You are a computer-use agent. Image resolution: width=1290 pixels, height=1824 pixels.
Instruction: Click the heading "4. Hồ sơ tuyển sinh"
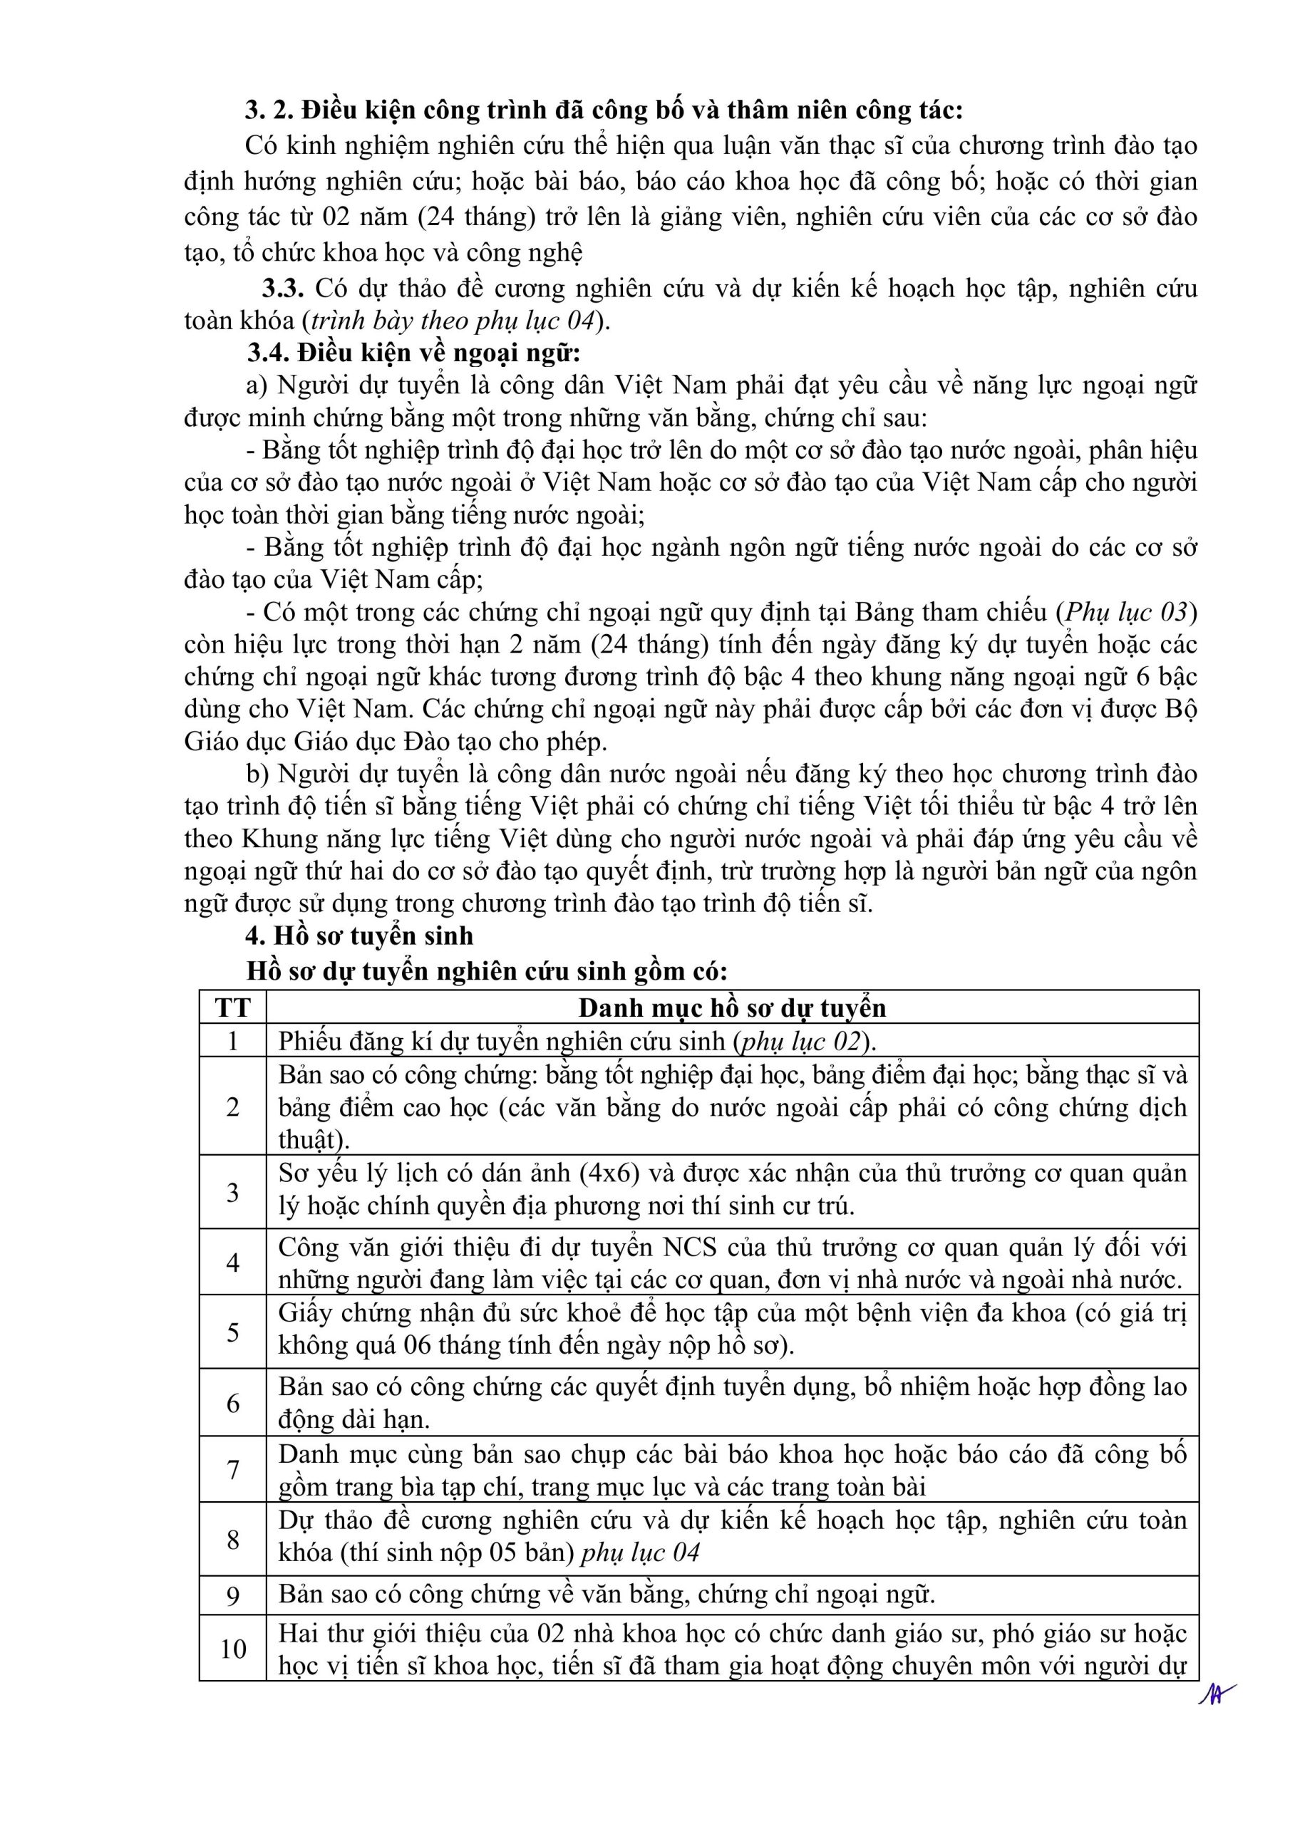point(358,936)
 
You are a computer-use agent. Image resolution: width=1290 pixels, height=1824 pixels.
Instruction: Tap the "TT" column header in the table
point(232,1007)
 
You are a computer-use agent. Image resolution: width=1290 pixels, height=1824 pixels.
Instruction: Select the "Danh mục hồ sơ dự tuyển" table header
point(731,1007)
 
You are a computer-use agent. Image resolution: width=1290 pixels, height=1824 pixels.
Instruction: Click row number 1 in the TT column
point(232,1041)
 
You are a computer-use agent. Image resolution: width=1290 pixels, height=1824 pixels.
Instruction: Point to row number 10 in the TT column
point(232,1649)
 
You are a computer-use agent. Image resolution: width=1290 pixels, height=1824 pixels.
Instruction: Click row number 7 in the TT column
point(232,1470)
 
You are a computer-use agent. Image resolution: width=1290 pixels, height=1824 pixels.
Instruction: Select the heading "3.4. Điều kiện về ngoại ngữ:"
point(413,352)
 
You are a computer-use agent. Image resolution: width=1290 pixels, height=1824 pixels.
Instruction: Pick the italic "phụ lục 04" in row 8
point(640,1553)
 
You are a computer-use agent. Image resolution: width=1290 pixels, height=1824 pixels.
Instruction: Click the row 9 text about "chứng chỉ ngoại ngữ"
point(607,1594)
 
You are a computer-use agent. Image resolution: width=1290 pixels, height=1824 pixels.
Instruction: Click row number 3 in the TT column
point(232,1191)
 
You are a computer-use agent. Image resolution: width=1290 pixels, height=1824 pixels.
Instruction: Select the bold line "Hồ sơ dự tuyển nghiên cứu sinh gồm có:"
point(487,971)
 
